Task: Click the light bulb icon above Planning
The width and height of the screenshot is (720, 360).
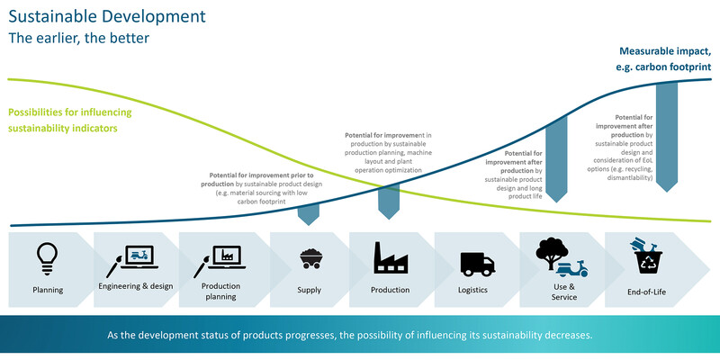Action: click(48, 259)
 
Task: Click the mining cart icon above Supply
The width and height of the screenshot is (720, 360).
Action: click(310, 258)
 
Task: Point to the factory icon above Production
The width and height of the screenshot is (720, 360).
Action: click(391, 258)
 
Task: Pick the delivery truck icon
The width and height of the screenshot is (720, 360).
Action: click(478, 264)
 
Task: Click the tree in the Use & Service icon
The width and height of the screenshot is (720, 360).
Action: click(552, 252)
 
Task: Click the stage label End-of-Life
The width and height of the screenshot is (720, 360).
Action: click(646, 292)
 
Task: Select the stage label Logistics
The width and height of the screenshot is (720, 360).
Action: click(472, 290)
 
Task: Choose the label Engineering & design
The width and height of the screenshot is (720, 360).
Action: click(136, 286)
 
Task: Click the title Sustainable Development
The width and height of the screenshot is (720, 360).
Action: click(107, 16)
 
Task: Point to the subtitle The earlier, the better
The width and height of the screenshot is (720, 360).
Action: click(78, 38)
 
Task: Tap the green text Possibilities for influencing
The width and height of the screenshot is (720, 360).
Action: click(70, 112)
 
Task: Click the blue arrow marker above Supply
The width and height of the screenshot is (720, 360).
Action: click(309, 214)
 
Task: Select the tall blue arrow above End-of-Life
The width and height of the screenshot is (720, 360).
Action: click(667, 137)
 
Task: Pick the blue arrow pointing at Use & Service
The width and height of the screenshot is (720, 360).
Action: click(557, 159)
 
